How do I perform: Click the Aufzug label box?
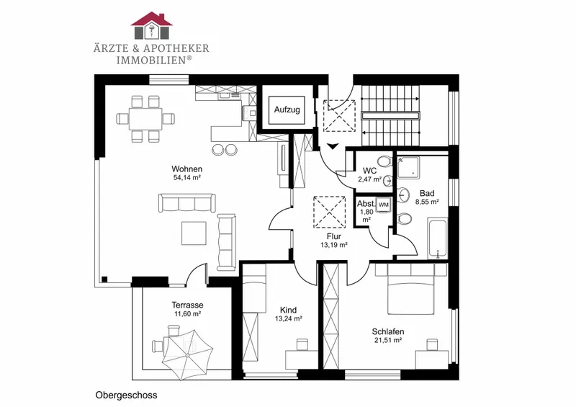click(x=287, y=109)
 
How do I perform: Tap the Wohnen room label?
click(x=186, y=169)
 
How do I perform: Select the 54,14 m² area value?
click(x=186, y=178)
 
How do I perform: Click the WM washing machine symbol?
click(x=383, y=205)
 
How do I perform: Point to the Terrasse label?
click(x=187, y=305)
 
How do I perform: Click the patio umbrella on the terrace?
click(x=187, y=355)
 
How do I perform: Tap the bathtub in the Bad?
click(x=437, y=239)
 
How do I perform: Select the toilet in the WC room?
click(x=384, y=161)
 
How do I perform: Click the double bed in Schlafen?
click(x=410, y=293)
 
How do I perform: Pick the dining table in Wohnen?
click(x=145, y=119)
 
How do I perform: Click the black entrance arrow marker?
click(x=333, y=146)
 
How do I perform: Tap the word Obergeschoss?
click(x=127, y=395)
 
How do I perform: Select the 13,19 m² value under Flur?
click(x=334, y=245)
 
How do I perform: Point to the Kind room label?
click(x=289, y=310)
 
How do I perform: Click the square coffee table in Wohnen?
click(x=194, y=233)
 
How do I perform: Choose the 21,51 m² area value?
click(x=388, y=341)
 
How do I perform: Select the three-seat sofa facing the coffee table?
click(x=186, y=202)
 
